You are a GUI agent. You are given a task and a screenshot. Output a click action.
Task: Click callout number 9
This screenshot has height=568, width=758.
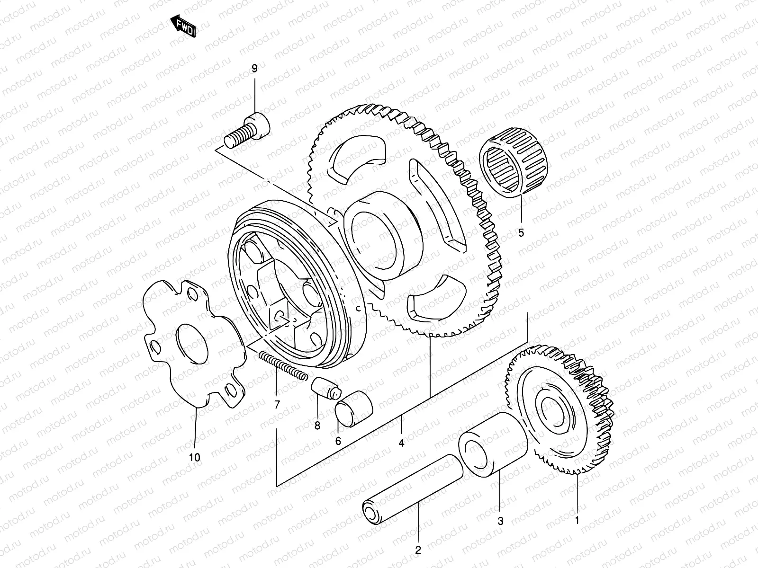[x=254, y=69]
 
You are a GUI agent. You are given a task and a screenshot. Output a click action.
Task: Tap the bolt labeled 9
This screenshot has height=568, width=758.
[x=248, y=130]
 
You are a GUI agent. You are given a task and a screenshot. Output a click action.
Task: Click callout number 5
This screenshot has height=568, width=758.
[x=521, y=232]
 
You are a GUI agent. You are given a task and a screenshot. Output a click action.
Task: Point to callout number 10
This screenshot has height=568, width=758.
[x=195, y=457]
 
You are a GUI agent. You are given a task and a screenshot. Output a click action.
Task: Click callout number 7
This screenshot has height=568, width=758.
[x=277, y=405]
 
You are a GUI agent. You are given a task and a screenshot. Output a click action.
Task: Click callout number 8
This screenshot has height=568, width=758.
[x=317, y=426]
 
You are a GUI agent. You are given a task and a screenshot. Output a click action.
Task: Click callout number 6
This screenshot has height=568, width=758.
[x=338, y=441]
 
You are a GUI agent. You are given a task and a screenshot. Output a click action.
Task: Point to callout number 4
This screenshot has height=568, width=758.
[x=401, y=444]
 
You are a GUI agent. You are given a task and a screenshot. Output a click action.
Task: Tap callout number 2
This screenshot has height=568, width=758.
[x=418, y=550]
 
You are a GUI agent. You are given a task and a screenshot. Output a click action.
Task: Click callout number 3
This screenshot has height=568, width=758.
[x=500, y=522]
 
